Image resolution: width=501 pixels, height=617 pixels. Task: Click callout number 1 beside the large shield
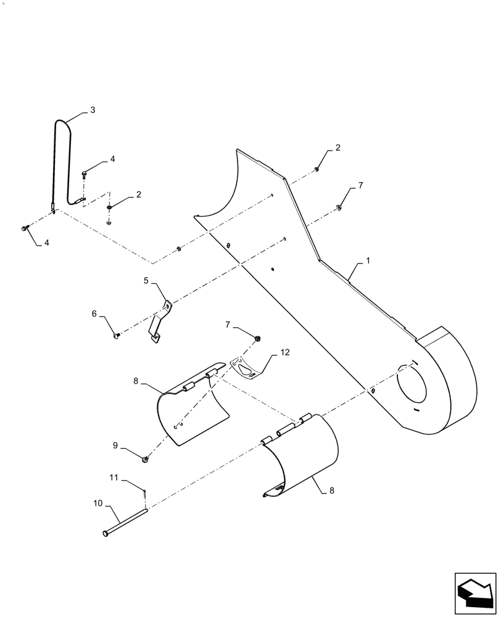pos(368,261)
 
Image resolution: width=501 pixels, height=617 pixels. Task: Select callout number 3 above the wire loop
pos(93,110)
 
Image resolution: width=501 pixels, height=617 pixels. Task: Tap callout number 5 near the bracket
pos(146,281)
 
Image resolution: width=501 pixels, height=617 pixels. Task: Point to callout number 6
pos(94,313)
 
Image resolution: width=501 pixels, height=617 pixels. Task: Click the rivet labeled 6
pos(117,335)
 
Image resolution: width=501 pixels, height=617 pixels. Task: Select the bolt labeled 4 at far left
pos(25,229)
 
